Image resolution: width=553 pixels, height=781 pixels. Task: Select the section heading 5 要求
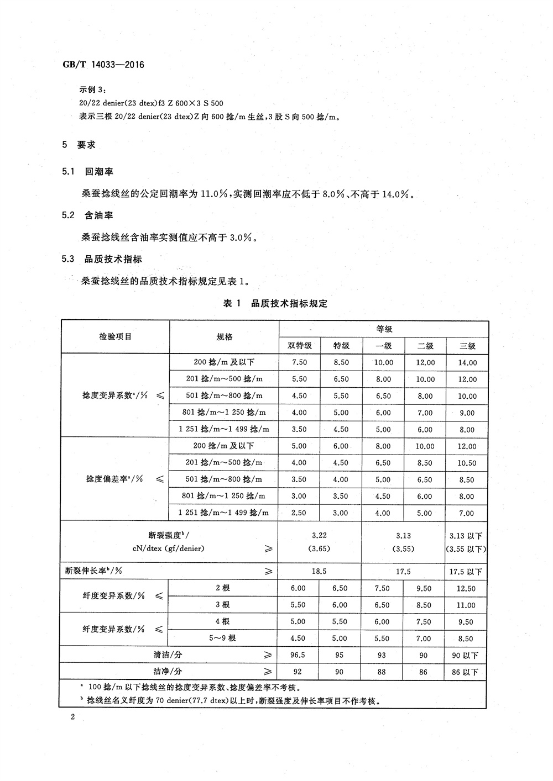point(79,145)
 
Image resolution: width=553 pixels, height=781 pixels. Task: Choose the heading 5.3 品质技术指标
point(102,258)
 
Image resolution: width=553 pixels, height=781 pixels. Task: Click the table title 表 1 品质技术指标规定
point(274,303)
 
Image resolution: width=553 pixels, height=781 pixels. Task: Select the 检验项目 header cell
point(115,336)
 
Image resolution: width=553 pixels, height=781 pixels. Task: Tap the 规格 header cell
point(224,337)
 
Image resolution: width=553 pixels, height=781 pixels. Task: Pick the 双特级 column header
point(300,346)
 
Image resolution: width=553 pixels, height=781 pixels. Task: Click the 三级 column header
point(467,346)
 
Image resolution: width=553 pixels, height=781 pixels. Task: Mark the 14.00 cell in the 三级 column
point(467,363)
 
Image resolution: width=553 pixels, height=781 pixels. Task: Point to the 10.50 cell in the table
point(467,463)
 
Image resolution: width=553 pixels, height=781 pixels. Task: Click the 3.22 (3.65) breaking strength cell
point(319,542)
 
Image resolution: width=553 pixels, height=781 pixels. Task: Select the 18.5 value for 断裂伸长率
point(319,572)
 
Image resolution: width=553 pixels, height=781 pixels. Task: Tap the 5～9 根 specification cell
point(224,638)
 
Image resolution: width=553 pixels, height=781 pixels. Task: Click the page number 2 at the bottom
point(72,716)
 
